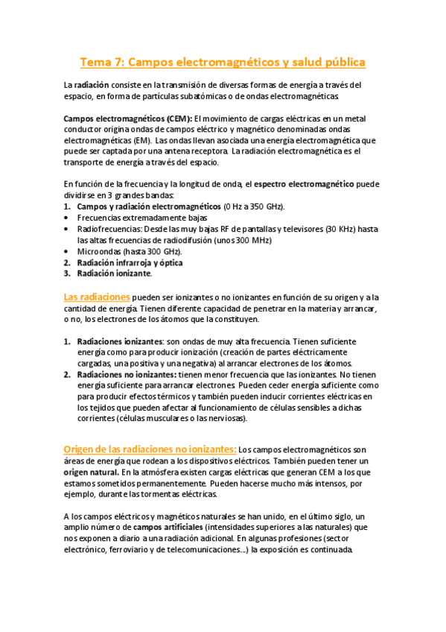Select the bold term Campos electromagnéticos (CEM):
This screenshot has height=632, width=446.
(x=128, y=118)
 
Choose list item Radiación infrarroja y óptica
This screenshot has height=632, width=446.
(x=130, y=263)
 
